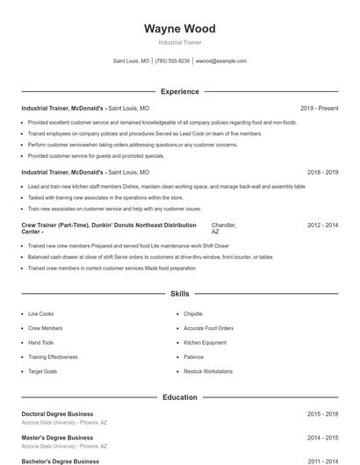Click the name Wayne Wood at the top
179,29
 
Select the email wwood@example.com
220,61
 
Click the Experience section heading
179,91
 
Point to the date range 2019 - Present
319,108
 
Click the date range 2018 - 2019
322,173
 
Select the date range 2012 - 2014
322,225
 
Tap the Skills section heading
179,294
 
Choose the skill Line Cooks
40,313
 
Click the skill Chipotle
193,313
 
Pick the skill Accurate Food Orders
208,328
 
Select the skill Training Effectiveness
53,357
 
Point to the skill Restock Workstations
208,371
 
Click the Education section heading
179,397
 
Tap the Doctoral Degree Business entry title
57,413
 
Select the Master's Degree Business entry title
57,437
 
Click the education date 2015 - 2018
322,413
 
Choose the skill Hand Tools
40,342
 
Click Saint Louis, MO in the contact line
132,61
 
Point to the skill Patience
193,357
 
